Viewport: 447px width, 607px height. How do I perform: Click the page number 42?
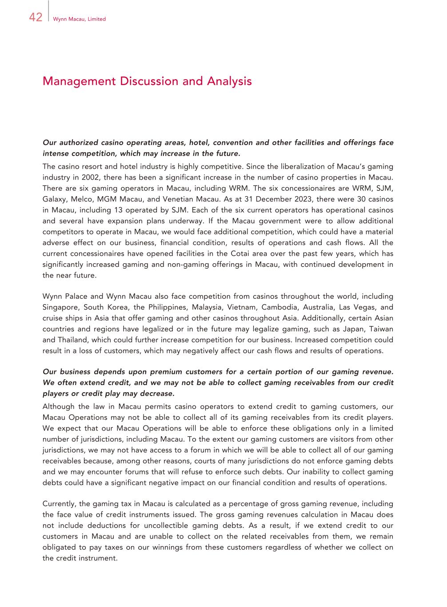pyautogui.click(x=36, y=17)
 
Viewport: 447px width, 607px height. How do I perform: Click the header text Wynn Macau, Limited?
pyautogui.click(x=79, y=19)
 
